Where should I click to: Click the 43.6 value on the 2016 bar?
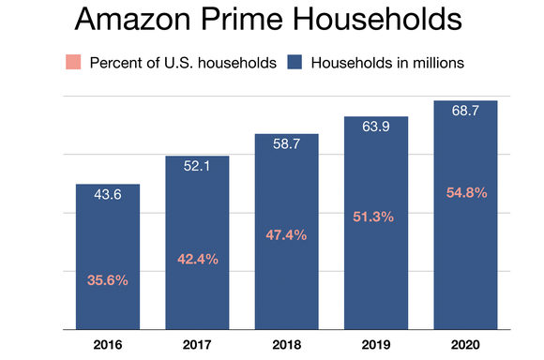tap(107, 196)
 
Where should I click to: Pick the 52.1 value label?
tap(197, 168)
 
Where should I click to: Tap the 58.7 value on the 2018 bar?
tap(286, 146)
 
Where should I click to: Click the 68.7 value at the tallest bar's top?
tap(465, 112)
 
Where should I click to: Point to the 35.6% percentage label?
tap(107, 279)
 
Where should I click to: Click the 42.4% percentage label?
tap(197, 259)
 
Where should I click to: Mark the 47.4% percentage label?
tap(286, 235)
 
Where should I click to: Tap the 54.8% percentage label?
tap(465, 192)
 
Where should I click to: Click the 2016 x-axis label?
tap(107, 344)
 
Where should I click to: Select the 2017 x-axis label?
tap(197, 344)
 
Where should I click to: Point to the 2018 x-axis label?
tap(286, 344)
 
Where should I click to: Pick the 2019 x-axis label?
tap(376, 344)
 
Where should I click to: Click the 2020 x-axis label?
tap(465, 344)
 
